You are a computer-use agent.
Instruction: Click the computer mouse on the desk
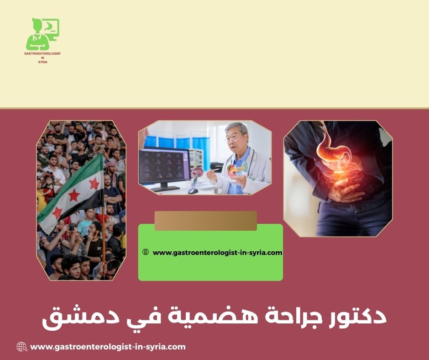pyautogui.click(x=193, y=191)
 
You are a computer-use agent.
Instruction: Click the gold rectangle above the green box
pyautogui.click(x=205, y=220)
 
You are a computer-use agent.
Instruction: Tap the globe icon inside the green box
pyautogui.click(x=146, y=252)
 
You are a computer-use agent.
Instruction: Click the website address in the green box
pyautogui.click(x=217, y=252)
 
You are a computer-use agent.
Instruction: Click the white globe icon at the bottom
pyautogui.click(x=22, y=347)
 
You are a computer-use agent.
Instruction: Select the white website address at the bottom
pyautogui.click(x=108, y=347)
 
